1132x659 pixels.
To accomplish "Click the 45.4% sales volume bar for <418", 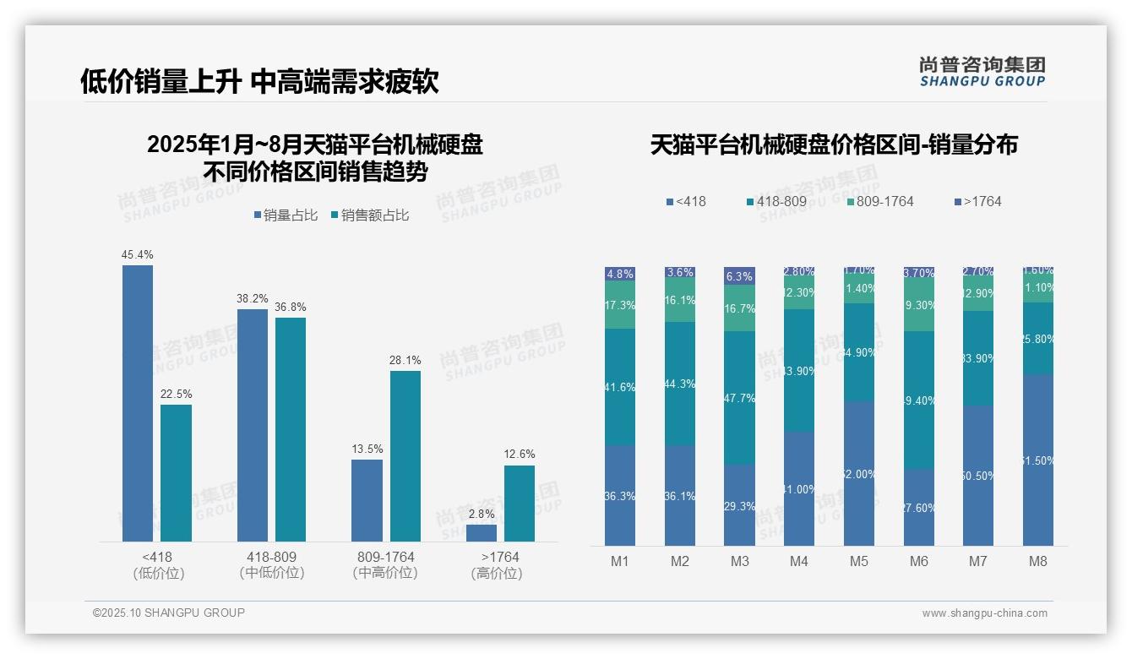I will (x=138, y=403).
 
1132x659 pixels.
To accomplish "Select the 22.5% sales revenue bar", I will (x=176, y=473).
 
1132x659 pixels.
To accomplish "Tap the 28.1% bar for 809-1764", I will (x=405, y=456).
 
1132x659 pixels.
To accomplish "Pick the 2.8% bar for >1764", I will (x=482, y=533).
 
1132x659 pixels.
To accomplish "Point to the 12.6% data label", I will (x=520, y=454).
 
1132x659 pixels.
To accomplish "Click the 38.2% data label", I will (x=253, y=298).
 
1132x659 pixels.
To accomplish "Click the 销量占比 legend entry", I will (x=286, y=215).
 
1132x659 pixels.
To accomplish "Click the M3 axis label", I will (x=739, y=561).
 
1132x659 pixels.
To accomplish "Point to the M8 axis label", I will (x=1038, y=561).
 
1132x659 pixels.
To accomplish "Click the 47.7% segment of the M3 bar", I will (x=739, y=397).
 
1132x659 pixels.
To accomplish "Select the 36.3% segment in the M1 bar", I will (x=620, y=495).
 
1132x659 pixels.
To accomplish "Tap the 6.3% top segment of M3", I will (x=739, y=276).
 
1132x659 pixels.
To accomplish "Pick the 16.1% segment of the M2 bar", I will (x=680, y=301).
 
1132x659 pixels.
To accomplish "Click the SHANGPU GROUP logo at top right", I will (x=982, y=72).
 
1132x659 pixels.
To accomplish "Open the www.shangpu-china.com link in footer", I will (x=984, y=613).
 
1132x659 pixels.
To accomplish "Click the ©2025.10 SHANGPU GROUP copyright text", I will (x=169, y=613).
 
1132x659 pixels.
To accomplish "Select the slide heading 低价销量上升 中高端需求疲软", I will (x=259, y=82).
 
